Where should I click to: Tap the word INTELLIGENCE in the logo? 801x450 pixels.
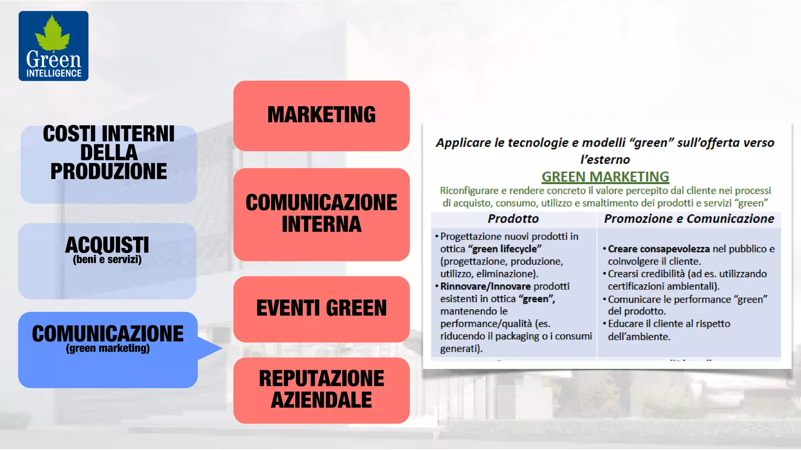(x=54, y=73)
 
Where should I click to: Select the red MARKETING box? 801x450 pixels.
(x=321, y=115)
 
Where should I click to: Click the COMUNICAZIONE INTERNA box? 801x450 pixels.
(x=321, y=214)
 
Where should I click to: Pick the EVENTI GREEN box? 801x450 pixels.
(x=321, y=308)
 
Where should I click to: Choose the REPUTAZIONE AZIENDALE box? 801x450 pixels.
(x=321, y=389)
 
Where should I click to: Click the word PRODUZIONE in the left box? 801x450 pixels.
(x=109, y=171)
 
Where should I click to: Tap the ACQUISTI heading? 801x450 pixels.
(x=107, y=245)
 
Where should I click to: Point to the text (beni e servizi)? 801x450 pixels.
(x=107, y=260)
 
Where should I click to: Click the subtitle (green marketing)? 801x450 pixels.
(x=108, y=348)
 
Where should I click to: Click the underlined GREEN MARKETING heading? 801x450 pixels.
(x=605, y=177)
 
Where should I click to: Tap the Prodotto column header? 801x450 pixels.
(x=513, y=219)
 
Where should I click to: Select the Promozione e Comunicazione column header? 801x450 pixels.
(x=689, y=219)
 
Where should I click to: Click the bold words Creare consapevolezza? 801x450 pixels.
(x=659, y=249)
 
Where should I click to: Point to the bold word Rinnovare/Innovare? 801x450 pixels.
(x=485, y=286)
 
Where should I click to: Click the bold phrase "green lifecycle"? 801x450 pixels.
(x=505, y=249)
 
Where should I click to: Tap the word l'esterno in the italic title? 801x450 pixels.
(x=605, y=160)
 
